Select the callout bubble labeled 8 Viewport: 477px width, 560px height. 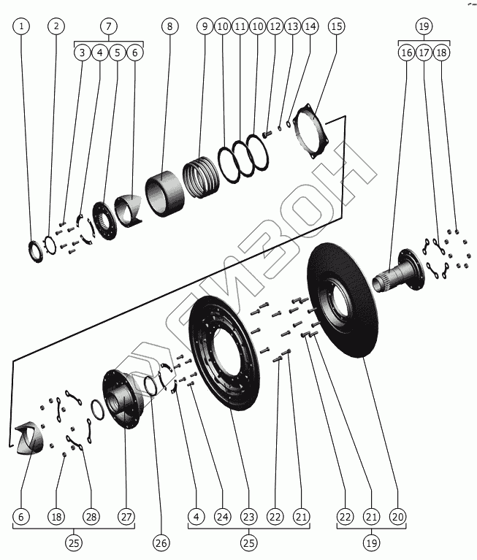169,26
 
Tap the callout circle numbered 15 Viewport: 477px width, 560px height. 336,26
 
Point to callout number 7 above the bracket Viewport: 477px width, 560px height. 109,26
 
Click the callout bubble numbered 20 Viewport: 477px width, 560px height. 397,516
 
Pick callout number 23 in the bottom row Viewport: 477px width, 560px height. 248,516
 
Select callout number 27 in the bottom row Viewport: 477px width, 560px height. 127,516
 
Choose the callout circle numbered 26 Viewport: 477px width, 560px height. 161,542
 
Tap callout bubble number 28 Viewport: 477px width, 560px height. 91,516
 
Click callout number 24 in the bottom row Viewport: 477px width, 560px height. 222,516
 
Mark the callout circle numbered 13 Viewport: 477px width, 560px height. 292,26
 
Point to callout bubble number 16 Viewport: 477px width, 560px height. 406,53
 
